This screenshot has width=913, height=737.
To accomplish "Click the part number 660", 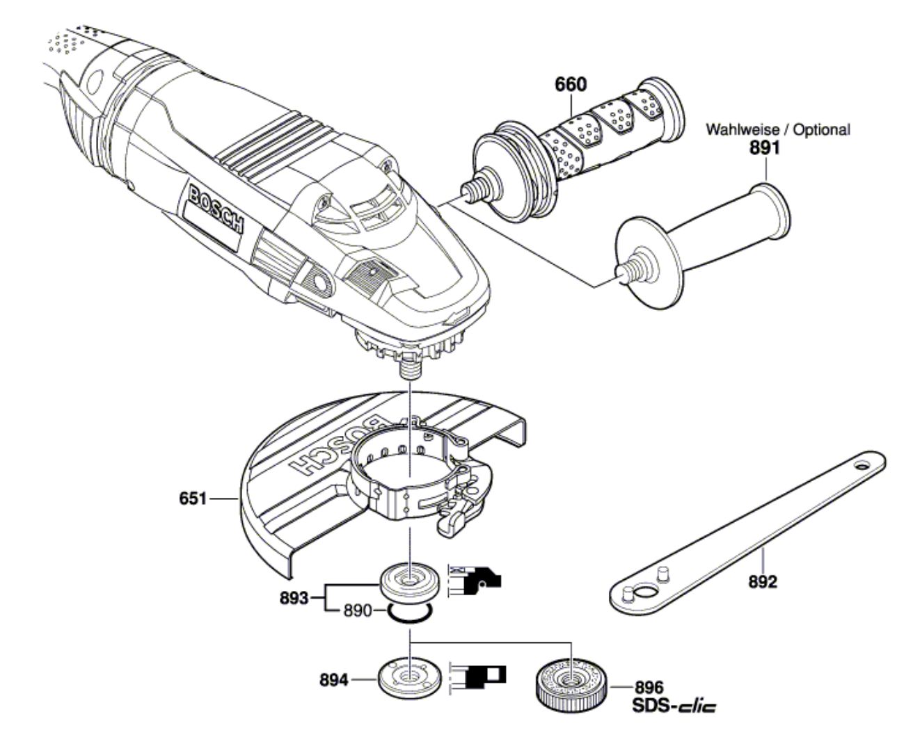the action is pyautogui.click(x=571, y=84).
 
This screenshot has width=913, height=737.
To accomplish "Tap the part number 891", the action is pyautogui.click(x=765, y=148).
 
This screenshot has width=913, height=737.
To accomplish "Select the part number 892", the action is pyautogui.click(x=763, y=582).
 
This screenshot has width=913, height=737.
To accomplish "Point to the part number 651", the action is pyautogui.click(x=193, y=499).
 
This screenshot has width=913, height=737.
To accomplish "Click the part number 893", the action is pyautogui.click(x=294, y=598).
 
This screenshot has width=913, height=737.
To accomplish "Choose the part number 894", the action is pyautogui.click(x=334, y=679).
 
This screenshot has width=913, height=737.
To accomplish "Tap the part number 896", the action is pyautogui.click(x=649, y=688).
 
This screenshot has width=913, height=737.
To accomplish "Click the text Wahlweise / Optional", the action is pyautogui.click(x=778, y=129).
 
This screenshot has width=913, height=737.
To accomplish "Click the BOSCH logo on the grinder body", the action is pyautogui.click(x=216, y=210).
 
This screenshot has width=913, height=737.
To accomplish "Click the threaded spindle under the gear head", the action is pyautogui.click(x=410, y=369).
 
